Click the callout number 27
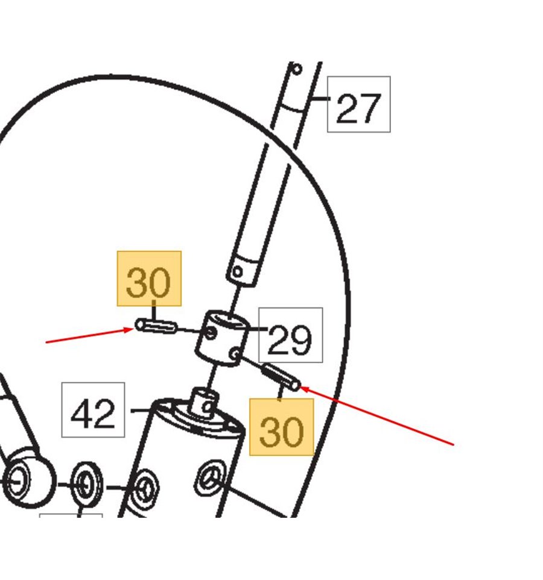click(358, 108)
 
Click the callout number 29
click(290, 339)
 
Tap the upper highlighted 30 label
click(148, 282)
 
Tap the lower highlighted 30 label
click(282, 431)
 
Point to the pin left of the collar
click(156, 326)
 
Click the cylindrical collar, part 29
click(221, 338)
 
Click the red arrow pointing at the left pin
click(89, 335)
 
